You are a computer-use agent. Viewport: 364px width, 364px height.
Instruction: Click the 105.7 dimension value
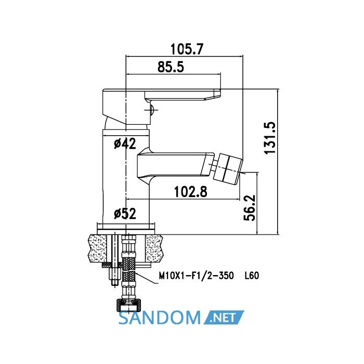coord(187,49)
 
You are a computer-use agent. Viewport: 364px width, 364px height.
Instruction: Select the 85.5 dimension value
coord(171,67)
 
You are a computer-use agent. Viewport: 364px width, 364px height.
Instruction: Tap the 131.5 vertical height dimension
coord(270,138)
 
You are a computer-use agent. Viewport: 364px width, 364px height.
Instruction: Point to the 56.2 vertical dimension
coord(250,208)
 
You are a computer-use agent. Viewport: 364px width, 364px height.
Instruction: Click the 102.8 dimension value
coord(190,191)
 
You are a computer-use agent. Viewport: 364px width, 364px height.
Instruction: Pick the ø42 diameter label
coord(125,144)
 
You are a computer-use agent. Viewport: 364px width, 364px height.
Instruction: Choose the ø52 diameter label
coord(125,214)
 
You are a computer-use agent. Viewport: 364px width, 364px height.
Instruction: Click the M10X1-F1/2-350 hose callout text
coord(196,276)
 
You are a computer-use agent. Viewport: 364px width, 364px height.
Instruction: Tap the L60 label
coord(252,276)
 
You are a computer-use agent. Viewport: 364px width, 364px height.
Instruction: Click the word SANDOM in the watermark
coord(160,318)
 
